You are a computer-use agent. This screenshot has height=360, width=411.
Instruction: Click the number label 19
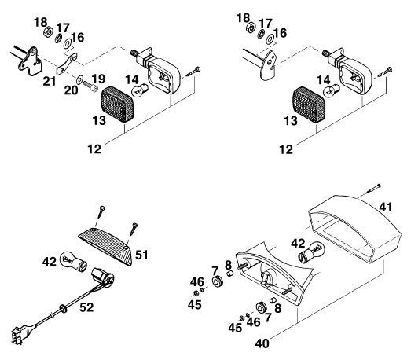(98, 79)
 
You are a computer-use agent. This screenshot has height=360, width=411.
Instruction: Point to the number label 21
(50, 81)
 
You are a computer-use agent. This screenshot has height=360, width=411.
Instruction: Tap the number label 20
(71, 90)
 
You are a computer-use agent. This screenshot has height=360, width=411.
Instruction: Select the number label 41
(386, 208)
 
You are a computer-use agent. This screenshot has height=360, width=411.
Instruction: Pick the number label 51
(141, 255)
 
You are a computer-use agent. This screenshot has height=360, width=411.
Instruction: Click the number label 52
(86, 307)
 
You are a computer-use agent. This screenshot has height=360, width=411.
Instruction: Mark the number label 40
(262, 343)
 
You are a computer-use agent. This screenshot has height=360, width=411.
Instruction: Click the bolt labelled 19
(90, 86)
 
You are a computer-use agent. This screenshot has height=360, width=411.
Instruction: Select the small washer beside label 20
(79, 78)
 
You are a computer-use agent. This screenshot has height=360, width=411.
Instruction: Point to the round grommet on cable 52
(64, 309)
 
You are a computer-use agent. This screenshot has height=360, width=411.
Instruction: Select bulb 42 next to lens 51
(73, 261)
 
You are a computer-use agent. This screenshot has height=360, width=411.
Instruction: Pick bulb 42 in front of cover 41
(312, 252)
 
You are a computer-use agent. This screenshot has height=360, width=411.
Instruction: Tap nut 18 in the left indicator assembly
(48, 31)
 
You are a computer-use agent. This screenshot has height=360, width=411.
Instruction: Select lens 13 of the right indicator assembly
(306, 105)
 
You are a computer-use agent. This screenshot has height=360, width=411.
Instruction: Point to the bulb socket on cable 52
(103, 278)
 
